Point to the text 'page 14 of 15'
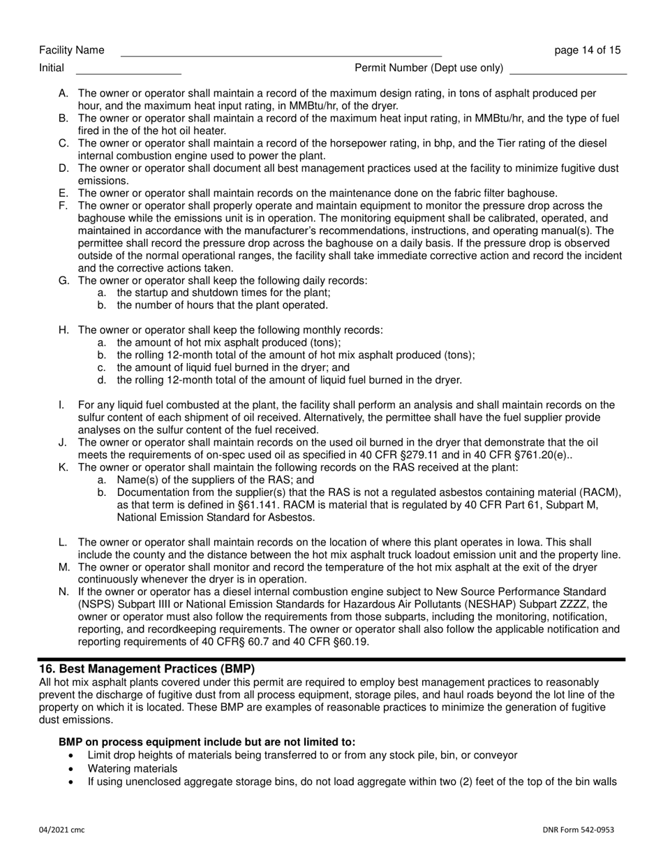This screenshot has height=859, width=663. coord(587,50)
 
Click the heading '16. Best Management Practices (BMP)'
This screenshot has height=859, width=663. coord(147,668)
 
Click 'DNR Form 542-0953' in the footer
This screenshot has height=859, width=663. coord(579,830)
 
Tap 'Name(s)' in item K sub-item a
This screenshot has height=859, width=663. coord(137,480)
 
